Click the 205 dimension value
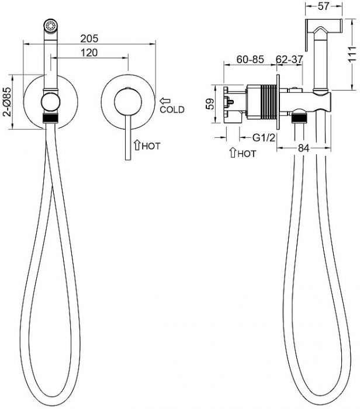[x=89, y=39]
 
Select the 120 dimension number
[x=89, y=53]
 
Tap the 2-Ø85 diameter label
[x=7, y=102]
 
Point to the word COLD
[x=172, y=110]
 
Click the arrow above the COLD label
[x=165, y=100]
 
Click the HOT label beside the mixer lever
[x=151, y=146]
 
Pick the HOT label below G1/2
[x=247, y=154]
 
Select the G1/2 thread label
[x=264, y=137]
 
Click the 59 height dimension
[x=210, y=103]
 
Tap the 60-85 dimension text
[x=250, y=60]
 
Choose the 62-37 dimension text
[x=289, y=60]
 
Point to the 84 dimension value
[x=304, y=148]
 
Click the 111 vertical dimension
[x=352, y=54]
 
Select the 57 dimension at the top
[x=324, y=6]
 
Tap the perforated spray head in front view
[x=51, y=26]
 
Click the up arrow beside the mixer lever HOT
[x=137, y=145]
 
